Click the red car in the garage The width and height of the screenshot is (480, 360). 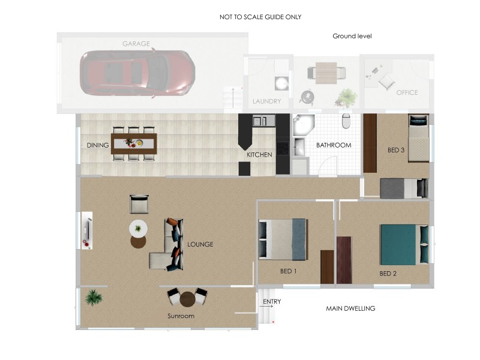tap(137, 73)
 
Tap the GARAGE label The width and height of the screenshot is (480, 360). tap(136, 44)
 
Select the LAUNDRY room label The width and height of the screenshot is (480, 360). tap(266, 101)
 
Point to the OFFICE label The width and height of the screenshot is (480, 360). tap(407, 92)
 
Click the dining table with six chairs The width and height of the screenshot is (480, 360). tap(134, 143)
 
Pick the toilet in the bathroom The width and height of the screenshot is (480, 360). tap(346, 121)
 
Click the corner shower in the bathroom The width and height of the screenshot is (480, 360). tap(302, 125)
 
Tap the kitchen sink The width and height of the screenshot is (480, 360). tap(260, 121)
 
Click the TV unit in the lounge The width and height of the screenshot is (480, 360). tap(87, 230)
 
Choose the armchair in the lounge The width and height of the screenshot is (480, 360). tap(139, 204)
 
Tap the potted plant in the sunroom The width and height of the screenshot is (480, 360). tap(94, 298)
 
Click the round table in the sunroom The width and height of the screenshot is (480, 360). tap(187, 299)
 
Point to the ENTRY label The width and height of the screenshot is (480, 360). tap(272, 302)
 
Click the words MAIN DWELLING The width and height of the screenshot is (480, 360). tap(350, 308)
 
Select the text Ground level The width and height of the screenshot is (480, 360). tap(352, 36)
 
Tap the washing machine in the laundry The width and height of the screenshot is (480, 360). tap(281, 83)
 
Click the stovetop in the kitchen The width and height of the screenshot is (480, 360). tap(283, 148)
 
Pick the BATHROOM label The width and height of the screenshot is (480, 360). tap(334, 145)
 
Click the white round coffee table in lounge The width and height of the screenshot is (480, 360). tap(138, 229)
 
